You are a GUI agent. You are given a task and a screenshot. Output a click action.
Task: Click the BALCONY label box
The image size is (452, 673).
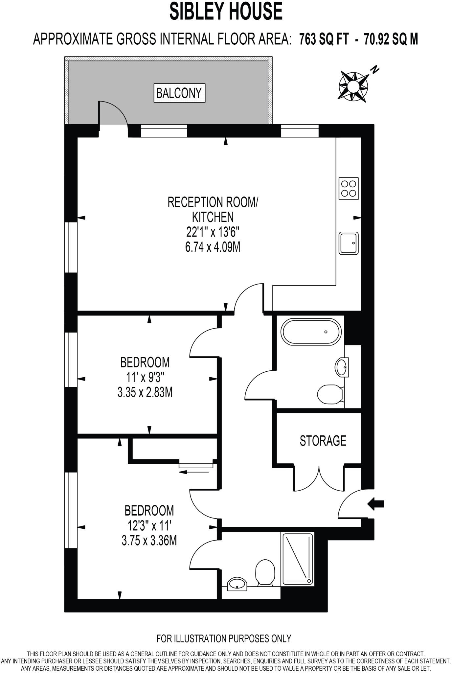(x=179, y=93)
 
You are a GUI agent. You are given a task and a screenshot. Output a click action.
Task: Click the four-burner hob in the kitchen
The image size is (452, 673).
(x=349, y=188)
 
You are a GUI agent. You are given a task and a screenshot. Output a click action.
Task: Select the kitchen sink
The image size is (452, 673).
(x=349, y=243)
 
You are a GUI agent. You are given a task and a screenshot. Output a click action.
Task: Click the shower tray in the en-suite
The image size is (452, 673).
(x=297, y=558)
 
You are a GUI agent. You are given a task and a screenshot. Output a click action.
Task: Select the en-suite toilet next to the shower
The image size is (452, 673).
(x=265, y=572)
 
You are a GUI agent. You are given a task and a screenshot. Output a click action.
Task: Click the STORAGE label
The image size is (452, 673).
(x=323, y=441)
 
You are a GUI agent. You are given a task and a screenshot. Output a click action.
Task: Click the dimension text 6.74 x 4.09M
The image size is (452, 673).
(x=213, y=247)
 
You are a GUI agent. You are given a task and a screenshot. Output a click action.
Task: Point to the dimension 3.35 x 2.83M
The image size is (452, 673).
(x=145, y=392)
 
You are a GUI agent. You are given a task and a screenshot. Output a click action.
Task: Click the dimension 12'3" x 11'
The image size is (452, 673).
(x=150, y=526)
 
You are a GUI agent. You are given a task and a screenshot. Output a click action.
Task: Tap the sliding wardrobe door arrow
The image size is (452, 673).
(x=194, y=472)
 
